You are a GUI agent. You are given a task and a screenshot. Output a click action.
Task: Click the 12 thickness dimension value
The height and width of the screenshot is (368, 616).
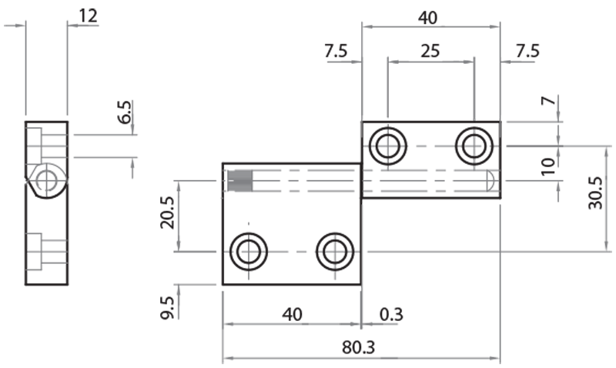tap(89, 15)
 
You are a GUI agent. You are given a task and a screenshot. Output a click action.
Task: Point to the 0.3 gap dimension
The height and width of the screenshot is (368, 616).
tap(392, 314)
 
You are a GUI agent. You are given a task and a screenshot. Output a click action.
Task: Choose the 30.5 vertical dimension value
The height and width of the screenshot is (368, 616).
tap(594, 197)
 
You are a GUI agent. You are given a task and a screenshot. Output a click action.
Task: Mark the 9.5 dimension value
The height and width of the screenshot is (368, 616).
tap(166, 306)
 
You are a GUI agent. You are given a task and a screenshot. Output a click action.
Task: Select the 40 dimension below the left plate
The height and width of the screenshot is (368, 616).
tap(291, 314)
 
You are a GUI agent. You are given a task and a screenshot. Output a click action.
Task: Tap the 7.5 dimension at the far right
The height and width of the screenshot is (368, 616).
tap(527, 51)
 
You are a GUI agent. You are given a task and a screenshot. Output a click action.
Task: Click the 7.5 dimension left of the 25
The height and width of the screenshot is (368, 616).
tap(336, 51)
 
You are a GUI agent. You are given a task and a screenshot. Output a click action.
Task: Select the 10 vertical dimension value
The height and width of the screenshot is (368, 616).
tap(547, 165)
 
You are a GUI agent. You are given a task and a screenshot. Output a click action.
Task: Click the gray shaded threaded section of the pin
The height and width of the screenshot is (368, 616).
tap(241, 181)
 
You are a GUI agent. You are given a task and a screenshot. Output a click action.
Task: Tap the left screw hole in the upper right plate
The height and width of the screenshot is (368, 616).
tap(387, 145)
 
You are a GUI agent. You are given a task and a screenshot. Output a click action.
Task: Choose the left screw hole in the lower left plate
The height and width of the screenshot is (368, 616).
tap(248, 251)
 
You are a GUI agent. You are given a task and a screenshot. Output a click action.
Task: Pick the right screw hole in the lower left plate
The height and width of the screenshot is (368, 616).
tap(333, 251)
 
